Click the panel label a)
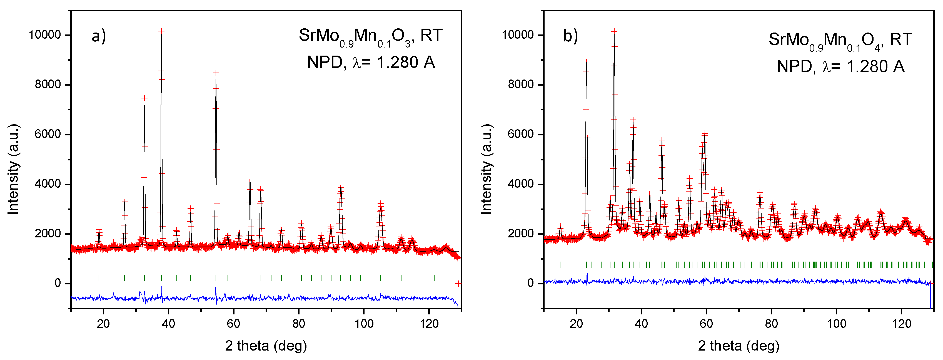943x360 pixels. [x=98, y=36]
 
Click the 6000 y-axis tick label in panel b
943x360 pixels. [x=521, y=134]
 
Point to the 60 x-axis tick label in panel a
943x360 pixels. [x=234, y=324]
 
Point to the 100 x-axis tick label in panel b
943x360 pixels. [x=837, y=324]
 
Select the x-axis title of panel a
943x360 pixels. [x=266, y=346]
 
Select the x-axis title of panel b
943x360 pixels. [x=738, y=346]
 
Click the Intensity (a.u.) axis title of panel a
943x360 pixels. [x=13, y=169]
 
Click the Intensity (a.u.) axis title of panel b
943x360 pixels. [x=486, y=169]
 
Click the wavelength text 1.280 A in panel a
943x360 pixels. [x=406, y=62]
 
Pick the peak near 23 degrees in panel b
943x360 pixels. [x=587, y=62]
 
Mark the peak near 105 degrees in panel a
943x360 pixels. [x=381, y=203]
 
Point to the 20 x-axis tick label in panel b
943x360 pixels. [x=576, y=324]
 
